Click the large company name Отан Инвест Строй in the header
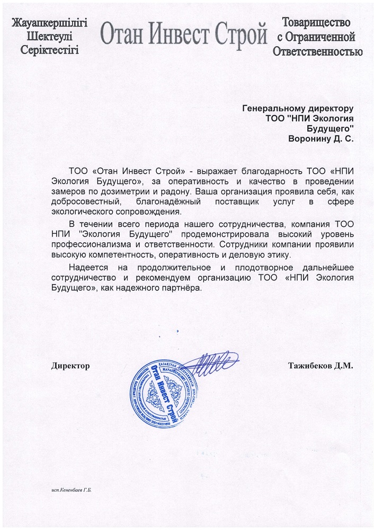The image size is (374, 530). [183, 36]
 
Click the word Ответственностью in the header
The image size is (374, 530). [318, 51]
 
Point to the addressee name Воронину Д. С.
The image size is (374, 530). [320, 139]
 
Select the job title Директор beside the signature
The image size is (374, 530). [70, 366]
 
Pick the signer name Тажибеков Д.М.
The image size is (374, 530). [320, 366]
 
